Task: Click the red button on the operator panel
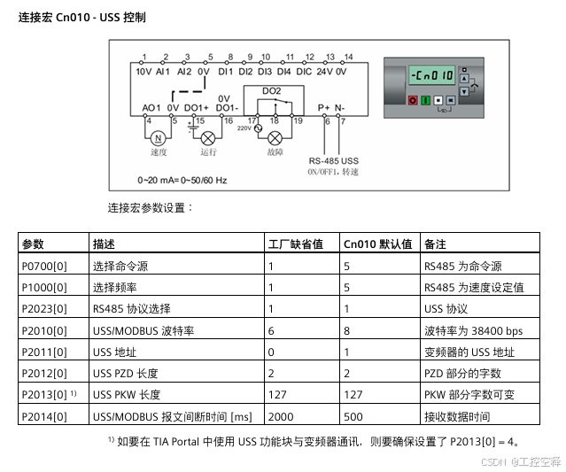[x=413, y=101]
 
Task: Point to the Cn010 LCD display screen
[x=435, y=76]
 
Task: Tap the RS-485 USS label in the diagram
[x=333, y=160]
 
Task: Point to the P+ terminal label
[x=323, y=108]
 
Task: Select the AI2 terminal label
[x=184, y=71]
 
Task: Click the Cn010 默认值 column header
[x=378, y=244]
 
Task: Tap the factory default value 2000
[x=282, y=416]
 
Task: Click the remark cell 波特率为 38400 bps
[x=472, y=330]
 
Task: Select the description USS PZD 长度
[x=125, y=374]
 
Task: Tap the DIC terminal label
[x=303, y=71]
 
